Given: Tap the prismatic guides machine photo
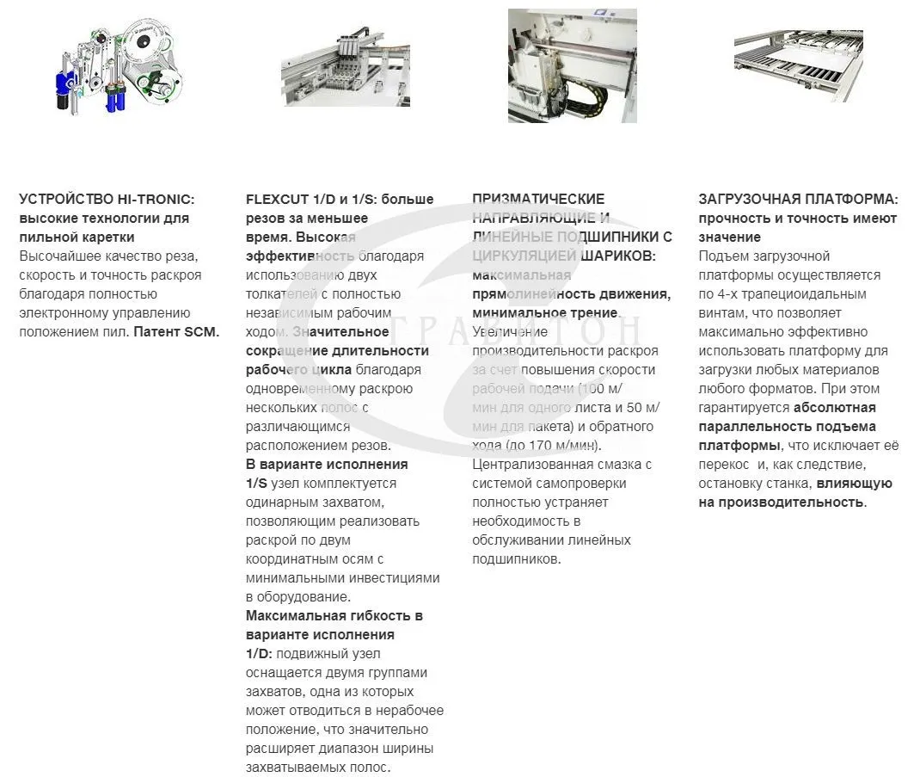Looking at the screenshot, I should point(572,65).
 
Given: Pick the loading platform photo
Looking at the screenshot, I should point(799,66).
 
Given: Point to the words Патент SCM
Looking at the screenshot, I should point(176,332).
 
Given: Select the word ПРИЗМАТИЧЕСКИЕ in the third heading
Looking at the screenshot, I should point(538,200).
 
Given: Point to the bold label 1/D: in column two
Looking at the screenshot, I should point(259,654).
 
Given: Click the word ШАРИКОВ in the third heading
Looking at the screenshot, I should point(616,256).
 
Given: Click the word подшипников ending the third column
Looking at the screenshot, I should point(514,559).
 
